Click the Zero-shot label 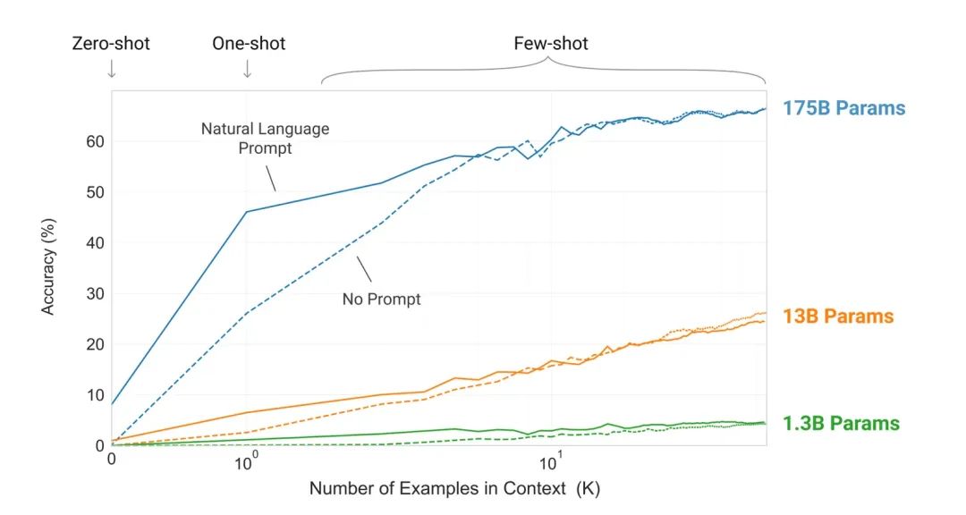(x=111, y=43)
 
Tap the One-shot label (x=249, y=43)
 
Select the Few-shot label (x=551, y=43)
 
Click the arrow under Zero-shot (x=111, y=69)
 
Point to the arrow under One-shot (x=248, y=69)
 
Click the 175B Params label (x=843, y=109)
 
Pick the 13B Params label (x=838, y=317)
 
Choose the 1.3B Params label (x=841, y=424)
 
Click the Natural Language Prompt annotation (x=265, y=139)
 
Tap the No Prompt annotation (x=381, y=299)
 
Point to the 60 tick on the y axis (x=95, y=141)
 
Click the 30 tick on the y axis (x=95, y=293)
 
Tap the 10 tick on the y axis (x=95, y=395)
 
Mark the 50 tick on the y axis (x=95, y=192)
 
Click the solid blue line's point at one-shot (x=246, y=212)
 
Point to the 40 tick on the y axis (x=95, y=243)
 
